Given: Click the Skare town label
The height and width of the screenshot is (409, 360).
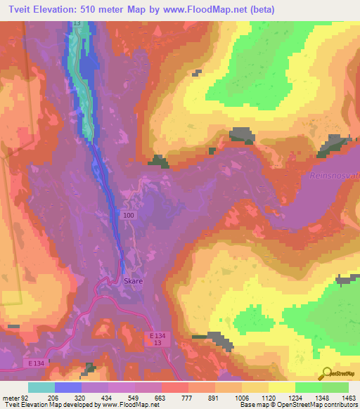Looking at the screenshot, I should [x=134, y=280].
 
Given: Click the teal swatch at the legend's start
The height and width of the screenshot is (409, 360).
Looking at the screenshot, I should [x=41, y=387].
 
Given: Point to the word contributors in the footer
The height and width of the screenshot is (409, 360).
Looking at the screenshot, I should [x=339, y=405].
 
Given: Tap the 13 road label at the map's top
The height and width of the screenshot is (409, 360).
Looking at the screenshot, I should [x=77, y=24].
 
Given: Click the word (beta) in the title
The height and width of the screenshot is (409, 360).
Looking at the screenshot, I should [x=259, y=9].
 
